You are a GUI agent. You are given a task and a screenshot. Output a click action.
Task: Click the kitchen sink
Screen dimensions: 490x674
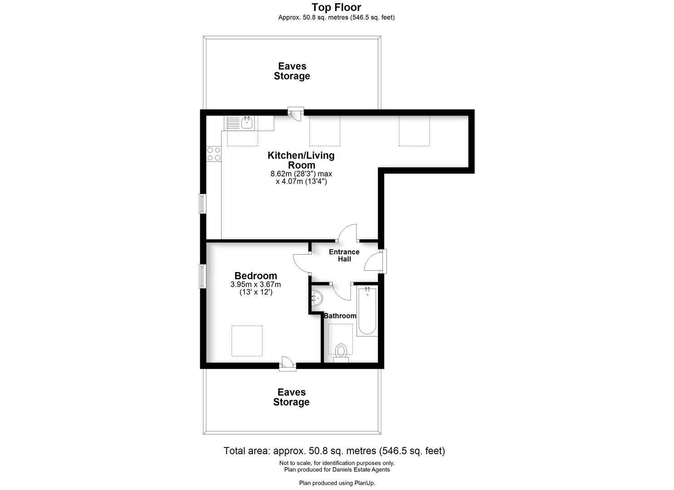pos(247,122)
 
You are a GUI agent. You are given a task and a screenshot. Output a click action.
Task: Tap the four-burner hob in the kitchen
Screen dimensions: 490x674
pos(214,154)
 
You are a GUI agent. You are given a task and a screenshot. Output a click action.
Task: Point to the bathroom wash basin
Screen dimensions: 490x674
pos(317,298)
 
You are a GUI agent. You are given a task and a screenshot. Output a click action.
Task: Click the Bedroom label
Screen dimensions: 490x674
pos(256,276)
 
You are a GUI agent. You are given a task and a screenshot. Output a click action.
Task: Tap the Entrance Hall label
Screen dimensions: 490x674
pos(344,255)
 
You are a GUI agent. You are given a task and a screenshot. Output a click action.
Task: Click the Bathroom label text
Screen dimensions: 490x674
pos(340,316)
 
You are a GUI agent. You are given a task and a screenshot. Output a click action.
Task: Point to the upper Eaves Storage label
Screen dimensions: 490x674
pos(292,71)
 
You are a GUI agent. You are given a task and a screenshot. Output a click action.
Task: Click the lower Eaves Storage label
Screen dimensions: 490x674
pos(291,397)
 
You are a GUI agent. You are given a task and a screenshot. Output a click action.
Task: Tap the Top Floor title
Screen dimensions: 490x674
pos(336,7)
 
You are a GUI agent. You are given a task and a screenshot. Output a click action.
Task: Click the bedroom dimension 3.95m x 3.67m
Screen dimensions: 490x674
pos(256,285)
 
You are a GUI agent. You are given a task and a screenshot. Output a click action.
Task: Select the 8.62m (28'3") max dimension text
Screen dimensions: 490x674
pos(301,174)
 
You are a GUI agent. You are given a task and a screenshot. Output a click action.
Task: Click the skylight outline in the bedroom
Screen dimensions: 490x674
pos(247,341)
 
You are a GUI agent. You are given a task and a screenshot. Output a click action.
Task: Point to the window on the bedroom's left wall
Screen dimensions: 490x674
pos(202,276)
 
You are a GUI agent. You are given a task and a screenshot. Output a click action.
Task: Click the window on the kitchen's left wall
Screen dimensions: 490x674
pos(202,204)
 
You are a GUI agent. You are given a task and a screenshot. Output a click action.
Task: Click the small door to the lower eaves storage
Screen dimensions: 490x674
pos(287,364)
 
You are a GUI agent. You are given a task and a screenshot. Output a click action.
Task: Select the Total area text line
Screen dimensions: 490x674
pos(334,451)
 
